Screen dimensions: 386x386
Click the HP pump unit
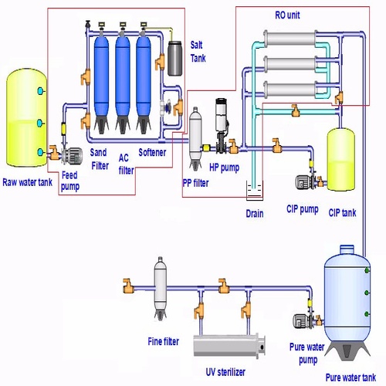(222, 124)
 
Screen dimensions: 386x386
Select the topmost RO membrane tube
(290, 38)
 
